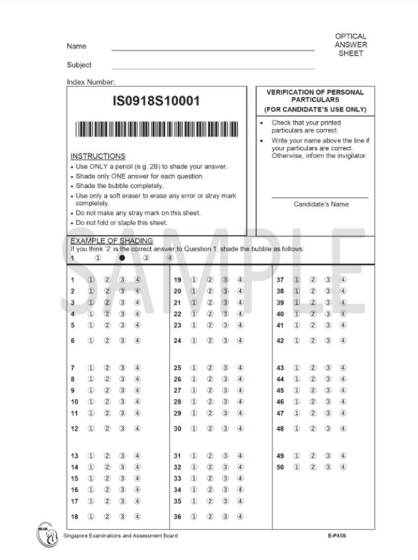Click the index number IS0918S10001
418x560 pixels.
click(156, 101)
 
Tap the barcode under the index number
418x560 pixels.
click(156, 130)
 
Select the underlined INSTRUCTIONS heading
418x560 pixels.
click(98, 156)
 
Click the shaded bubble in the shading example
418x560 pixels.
click(122, 258)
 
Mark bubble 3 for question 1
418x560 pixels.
click(122, 280)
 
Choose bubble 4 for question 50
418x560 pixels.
click(343, 467)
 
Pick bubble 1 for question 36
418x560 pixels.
click(194, 517)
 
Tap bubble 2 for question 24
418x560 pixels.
click(210, 340)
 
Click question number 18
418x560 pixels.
click(74, 517)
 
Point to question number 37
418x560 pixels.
click(280, 280)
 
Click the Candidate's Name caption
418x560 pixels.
click(321, 204)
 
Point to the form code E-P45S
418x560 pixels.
click(338, 535)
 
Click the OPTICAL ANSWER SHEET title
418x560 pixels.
click(351, 45)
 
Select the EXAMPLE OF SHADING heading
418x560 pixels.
click(103, 241)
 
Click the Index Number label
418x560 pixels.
click(91, 82)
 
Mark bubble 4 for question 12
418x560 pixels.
click(138, 429)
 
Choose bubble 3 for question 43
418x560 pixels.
click(328, 368)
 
